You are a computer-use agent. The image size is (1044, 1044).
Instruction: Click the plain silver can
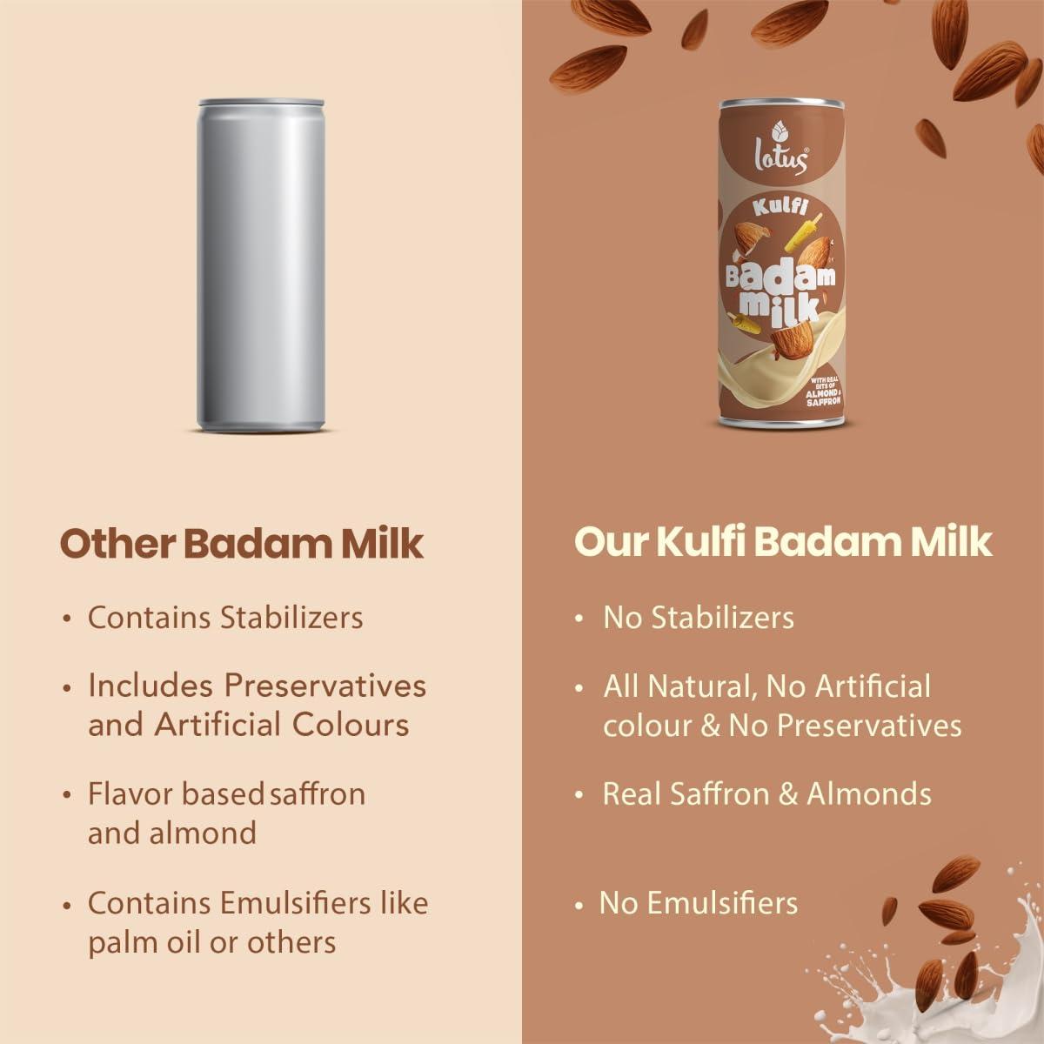(261, 265)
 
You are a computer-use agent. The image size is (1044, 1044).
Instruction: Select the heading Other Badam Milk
(242, 543)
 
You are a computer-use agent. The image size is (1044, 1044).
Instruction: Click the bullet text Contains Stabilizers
(225, 618)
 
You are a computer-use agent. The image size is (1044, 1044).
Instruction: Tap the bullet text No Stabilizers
(699, 618)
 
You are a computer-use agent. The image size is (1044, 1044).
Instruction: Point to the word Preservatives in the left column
(325, 686)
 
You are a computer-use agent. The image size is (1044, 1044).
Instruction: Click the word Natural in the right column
(693, 686)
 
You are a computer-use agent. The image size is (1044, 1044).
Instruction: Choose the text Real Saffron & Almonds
(766, 793)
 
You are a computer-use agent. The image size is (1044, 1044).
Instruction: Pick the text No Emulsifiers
(699, 903)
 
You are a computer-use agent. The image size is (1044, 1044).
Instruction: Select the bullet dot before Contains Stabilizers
(67, 619)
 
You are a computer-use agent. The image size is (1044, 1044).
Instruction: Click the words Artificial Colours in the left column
(282, 725)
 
